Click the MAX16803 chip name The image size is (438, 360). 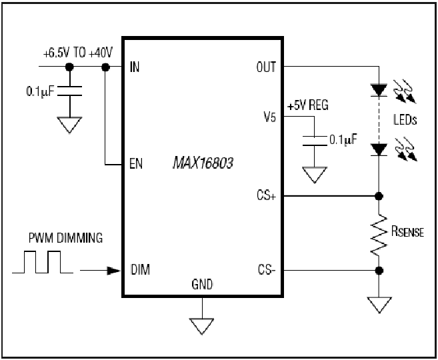(203, 163)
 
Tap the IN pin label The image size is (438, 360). (135, 67)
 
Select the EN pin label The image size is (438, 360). (136, 163)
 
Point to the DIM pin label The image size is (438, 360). (140, 269)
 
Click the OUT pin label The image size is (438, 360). (266, 67)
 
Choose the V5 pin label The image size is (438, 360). (270, 117)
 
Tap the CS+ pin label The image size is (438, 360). (267, 195)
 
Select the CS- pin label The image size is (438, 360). (267, 270)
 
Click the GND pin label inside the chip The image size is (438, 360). (202, 285)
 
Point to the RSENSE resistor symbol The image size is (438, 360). (379, 235)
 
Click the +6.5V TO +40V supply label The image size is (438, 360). (78, 53)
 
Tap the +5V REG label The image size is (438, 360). (308, 105)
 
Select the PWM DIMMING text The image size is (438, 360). (65, 238)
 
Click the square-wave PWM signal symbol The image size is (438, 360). (43, 262)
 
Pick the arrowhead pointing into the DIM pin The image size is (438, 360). (114, 271)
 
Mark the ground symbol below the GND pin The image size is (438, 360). (202, 326)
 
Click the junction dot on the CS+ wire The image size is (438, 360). (379, 196)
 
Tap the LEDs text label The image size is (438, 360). (405, 120)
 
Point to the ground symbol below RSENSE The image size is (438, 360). (379, 305)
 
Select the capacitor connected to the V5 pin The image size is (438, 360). (315, 141)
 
